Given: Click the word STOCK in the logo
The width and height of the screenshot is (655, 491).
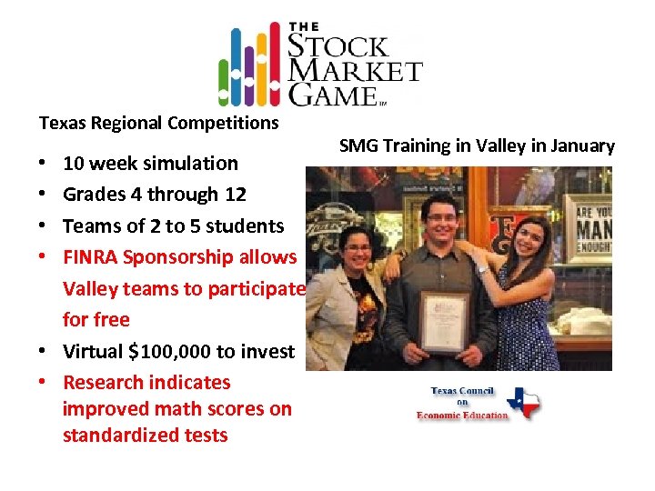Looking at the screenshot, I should tap(339, 45).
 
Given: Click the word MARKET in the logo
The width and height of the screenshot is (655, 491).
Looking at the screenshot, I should tap(356, 71).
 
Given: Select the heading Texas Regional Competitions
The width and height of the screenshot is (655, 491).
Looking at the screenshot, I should tap(158, 122).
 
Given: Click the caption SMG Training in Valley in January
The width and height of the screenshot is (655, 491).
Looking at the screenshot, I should tap(477, 145).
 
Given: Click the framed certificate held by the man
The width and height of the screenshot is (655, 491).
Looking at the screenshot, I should tap(445, 319).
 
